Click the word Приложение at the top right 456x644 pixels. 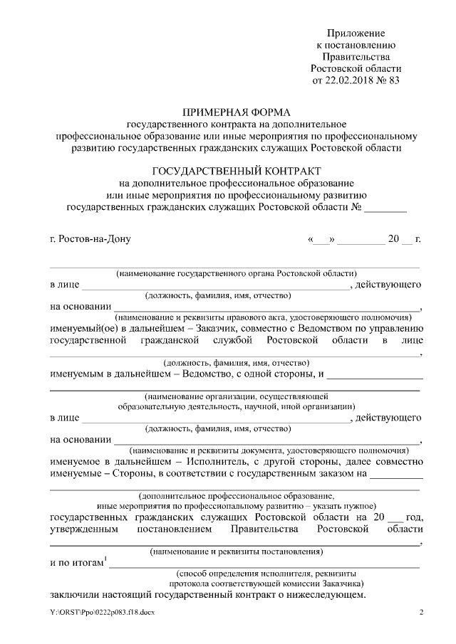point(356,33)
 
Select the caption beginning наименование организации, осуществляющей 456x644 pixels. point(235,396)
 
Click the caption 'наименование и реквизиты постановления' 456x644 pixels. point(236,551)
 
